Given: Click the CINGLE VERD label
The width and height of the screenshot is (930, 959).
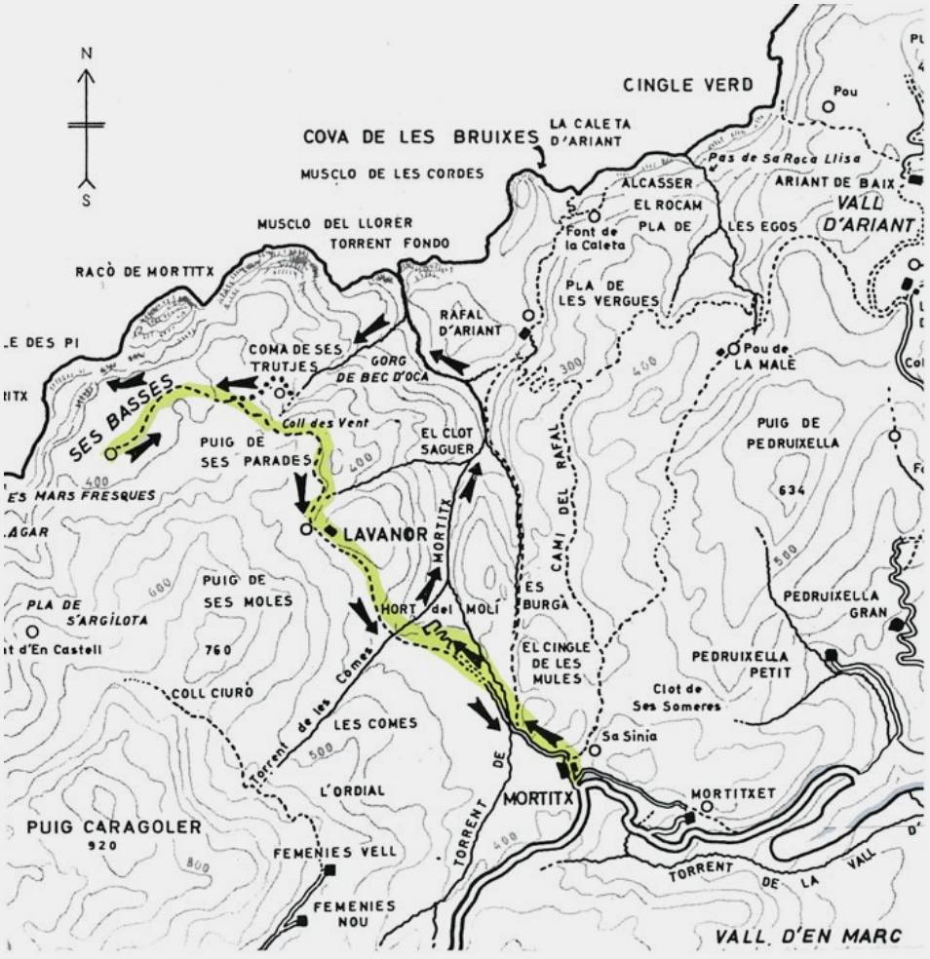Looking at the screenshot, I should (x=688, y=85).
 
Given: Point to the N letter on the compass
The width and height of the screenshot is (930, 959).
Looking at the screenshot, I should (x=87, y=54).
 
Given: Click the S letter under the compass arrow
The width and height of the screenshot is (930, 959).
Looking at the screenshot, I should (x=87, y=201).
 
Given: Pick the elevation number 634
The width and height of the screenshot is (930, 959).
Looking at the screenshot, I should (x=793, y=490).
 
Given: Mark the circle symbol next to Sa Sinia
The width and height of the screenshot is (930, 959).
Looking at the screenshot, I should (x=594, y=750).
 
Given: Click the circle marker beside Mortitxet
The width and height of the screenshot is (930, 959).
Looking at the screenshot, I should (x=706, y=807).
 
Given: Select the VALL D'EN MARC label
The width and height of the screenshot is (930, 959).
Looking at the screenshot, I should (x=808, y=937).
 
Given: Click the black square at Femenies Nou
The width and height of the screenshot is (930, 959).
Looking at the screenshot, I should (x=302, y=921).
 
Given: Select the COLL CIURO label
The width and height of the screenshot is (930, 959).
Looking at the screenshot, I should (x=213, y=692).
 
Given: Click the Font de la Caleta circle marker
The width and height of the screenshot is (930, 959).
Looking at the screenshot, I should (x=593, y=216).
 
